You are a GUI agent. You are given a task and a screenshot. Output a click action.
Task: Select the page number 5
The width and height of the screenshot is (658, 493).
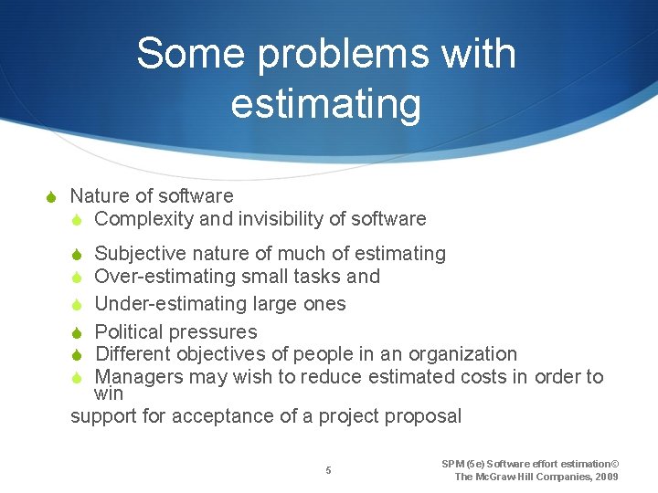(329, 470)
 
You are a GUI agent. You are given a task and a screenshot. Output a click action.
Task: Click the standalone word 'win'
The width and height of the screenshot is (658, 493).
(109, 393)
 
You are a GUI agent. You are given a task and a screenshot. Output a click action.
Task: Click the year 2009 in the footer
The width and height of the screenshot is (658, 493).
(606, 477)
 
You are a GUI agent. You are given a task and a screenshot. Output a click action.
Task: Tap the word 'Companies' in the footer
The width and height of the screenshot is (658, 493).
(555, 477)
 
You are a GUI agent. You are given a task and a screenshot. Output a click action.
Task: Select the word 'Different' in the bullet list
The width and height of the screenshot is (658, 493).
(138, 354)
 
